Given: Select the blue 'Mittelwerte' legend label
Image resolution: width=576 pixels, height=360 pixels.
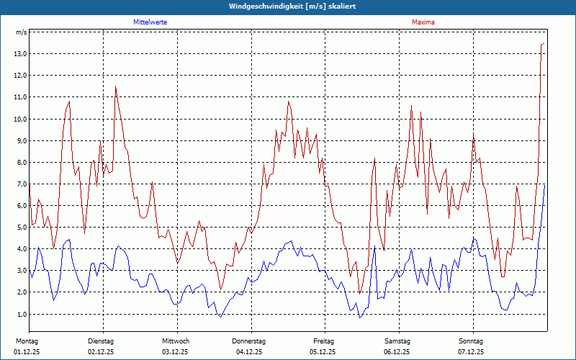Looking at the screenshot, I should (150, 22).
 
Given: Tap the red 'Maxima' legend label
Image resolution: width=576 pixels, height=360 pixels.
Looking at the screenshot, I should (423, 22).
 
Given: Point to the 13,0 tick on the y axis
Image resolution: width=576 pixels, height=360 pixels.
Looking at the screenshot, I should (20, 54).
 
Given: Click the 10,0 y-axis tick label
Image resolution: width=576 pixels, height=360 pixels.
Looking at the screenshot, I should (20, 119).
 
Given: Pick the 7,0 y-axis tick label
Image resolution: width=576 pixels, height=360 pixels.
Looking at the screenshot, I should (20, 184).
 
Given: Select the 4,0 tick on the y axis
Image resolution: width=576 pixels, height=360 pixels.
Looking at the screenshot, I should (20, 249).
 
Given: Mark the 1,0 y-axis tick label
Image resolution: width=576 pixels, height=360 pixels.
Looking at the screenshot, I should (20, 315).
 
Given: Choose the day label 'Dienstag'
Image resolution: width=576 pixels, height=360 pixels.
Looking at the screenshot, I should (101, 341).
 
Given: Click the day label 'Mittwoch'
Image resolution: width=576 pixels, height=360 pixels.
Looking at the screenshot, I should (176, 341).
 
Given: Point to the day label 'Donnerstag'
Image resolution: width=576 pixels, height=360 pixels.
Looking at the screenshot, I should (249, 341).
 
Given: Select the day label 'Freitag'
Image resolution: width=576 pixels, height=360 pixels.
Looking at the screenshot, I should (324, 341).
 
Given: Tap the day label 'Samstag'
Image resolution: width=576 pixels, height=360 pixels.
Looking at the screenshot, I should (397, 341).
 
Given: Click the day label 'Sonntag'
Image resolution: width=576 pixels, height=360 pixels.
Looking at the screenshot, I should (471, 341).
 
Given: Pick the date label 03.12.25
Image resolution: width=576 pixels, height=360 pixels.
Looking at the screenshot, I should (175, 352).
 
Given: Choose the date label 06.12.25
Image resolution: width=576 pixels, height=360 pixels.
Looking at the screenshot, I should (397, 352).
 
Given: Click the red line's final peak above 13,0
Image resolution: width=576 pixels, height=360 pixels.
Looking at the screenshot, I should (543, 44).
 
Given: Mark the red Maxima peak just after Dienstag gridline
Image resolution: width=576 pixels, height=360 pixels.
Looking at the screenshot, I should (115, 86).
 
